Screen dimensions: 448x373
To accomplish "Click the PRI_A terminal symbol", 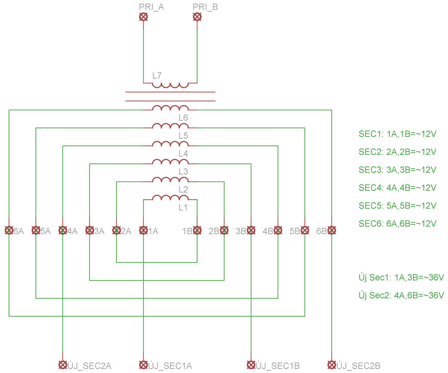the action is pyautogui.click(x=143, y=17).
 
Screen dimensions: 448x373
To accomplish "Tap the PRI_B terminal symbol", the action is pyautogui.click(x=197, y=17).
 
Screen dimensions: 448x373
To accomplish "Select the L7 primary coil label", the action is pyautogui.click(x=157, y=76).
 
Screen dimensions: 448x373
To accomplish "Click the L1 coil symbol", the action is pyautogui.click(x=170, y=198).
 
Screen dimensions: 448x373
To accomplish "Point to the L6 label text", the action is pyautogui.click(x=183, y=118).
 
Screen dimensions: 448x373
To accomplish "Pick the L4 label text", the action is pyautogui.click(x=183, y=154).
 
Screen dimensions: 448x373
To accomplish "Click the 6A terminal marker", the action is pyautogui.click(x=9, y=231).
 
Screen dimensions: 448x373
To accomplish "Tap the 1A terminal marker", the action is pyautogui.click(x=143, y=231).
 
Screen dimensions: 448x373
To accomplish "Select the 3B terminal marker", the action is pyautogui.click(x=251, y=231).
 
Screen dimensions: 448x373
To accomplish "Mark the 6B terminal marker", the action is pyautogui.click(x=332, y=231).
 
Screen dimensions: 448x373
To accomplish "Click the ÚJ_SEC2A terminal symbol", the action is pyautogui.click(x=63, y=365).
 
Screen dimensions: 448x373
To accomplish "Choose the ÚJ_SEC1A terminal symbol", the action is pyautogui.click(x=143, y=365).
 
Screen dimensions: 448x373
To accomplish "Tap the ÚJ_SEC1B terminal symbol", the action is pyautogui.click(x=251, y=365).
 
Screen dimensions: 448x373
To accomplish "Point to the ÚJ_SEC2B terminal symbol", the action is pyautogui.click(x=332, y=365).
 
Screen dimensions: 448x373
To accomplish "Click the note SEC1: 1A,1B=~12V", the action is pyautogui.click(x=397, y=134).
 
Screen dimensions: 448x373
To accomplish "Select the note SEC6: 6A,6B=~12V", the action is pyautogui.click(x=397, y=224).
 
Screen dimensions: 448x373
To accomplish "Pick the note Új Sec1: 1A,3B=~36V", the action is pyautogui.click(x=401, y=278).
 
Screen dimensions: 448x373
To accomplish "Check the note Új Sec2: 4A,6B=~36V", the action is pyautogui.click(x=401, y=295).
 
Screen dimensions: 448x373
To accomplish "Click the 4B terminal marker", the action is pyautogui.click(x=278, y=231).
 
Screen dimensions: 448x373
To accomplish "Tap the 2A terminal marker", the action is pyautogui.click(x=116, y=231).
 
